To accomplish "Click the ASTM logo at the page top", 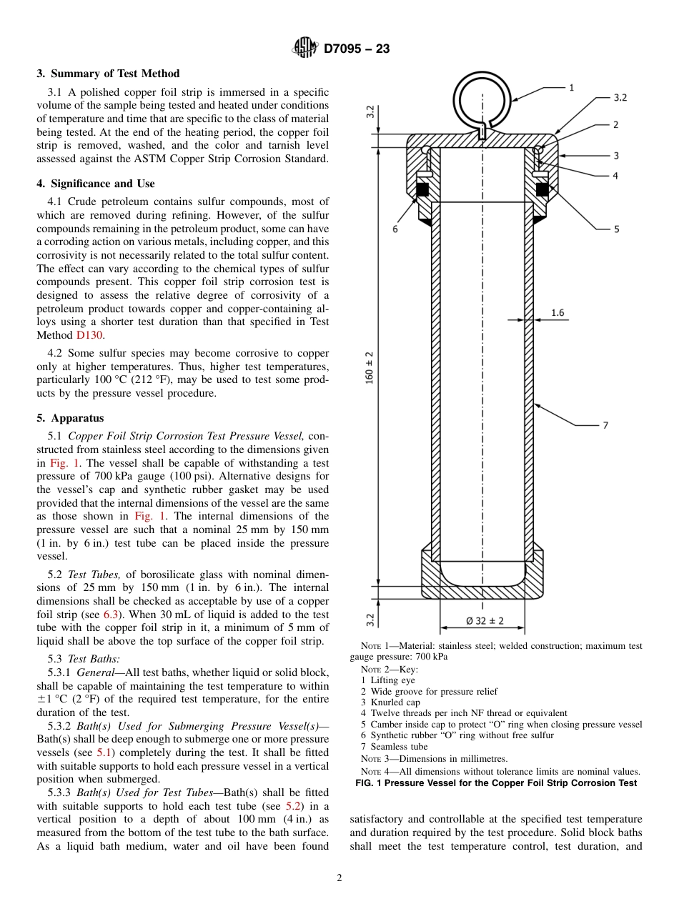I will [305, 49].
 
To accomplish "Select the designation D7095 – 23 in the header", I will [357, 49].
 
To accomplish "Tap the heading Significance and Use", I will [96, 184].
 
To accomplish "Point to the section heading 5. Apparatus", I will [70, 418].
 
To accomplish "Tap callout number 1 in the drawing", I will [571, 88].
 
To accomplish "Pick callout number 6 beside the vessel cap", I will [395, 229].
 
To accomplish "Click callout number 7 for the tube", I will [605, 425].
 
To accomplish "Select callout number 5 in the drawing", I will [616, 229].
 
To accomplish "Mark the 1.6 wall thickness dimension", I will [557, 312].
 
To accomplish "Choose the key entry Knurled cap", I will [390, 702].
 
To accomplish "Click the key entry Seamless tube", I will [394, 747].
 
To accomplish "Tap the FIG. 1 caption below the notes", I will [496, 783].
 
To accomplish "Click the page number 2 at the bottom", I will [339, 878].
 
